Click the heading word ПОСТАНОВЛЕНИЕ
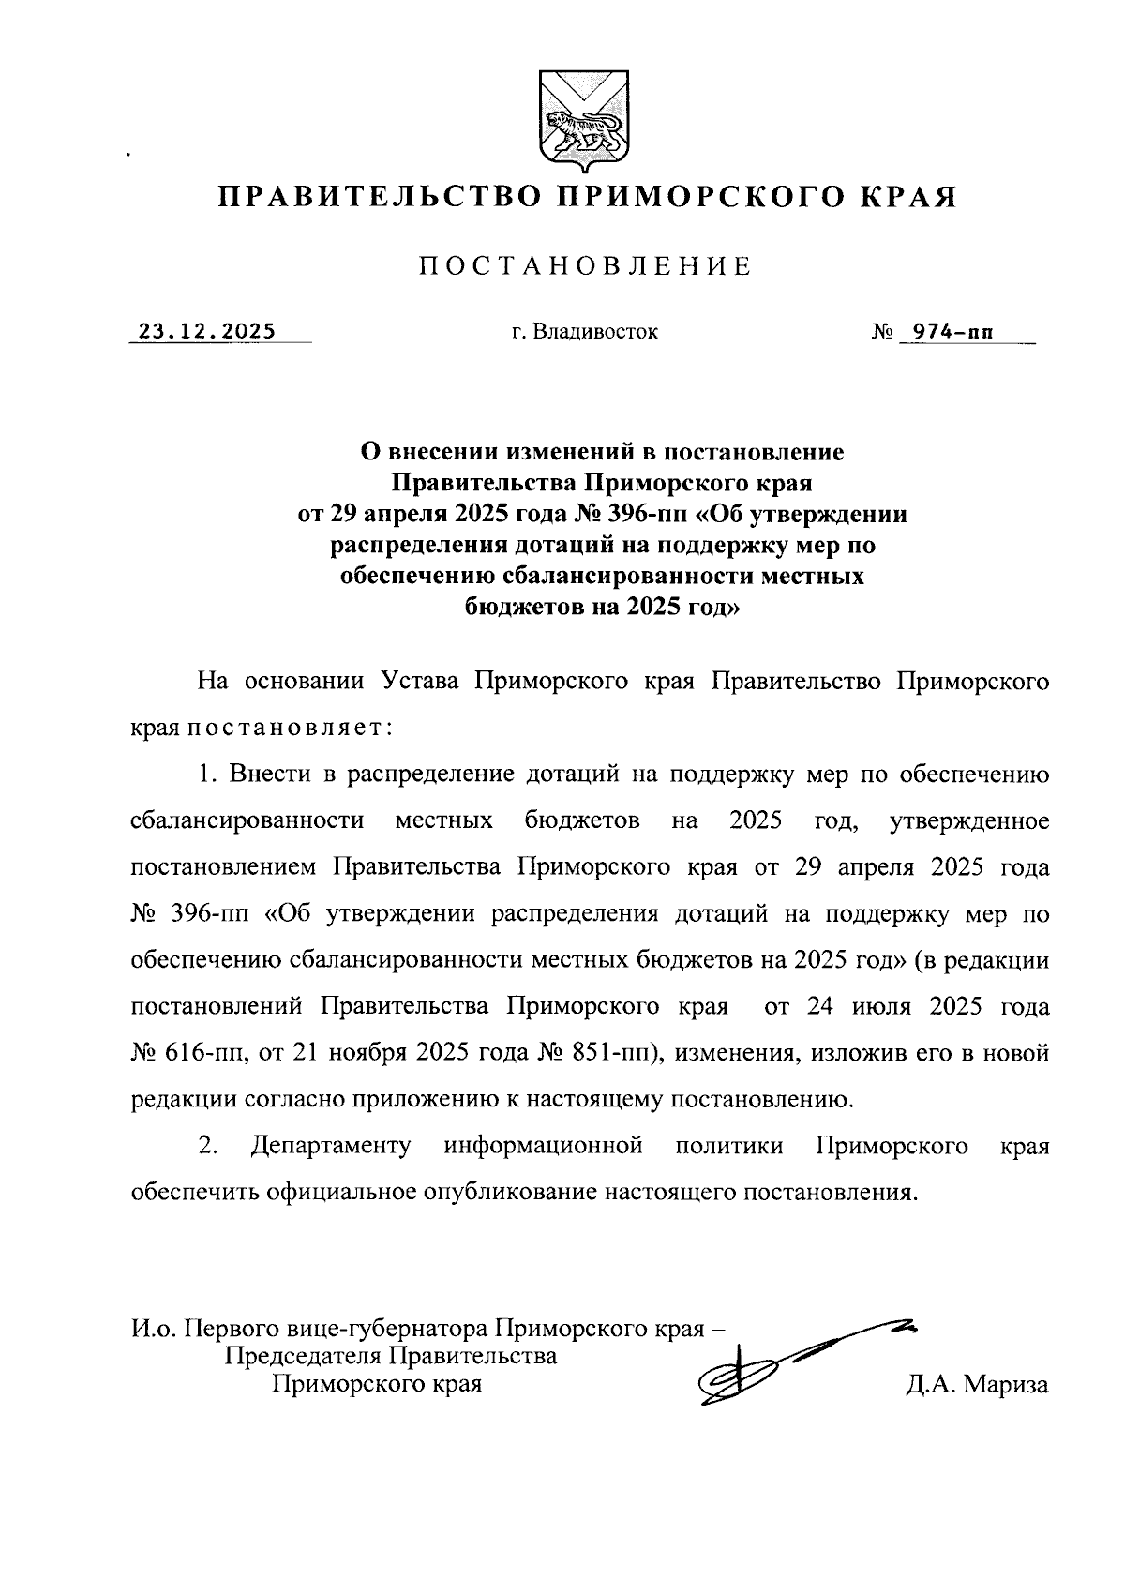[586, 266]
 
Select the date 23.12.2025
[207, 331]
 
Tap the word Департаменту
[331, 1146]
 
